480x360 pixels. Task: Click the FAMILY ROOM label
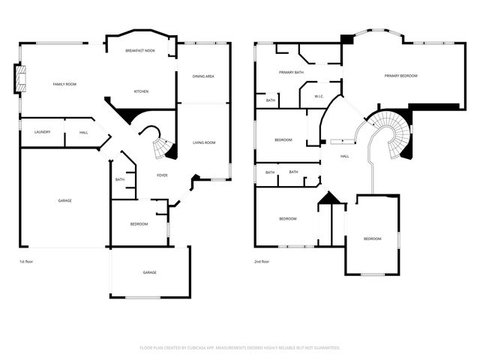coord(64,84)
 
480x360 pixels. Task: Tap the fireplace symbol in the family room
coord(20,79)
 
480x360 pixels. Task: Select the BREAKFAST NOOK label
coord(141,49)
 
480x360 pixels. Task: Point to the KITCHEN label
coord(141,91)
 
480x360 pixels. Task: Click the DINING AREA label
coord(203,76)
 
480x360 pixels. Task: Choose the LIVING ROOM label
coord(204,142)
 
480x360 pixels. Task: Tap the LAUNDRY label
coord(42,132)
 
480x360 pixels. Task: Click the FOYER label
coord(162,175)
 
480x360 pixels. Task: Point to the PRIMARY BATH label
coord(291,73)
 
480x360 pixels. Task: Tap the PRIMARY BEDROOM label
coord(400,76)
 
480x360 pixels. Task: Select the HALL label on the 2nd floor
coord(345,156)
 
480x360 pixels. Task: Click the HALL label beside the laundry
coord(83,132)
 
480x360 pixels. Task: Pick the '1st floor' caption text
coord(27,262)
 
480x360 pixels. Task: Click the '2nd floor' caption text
coord(262,262)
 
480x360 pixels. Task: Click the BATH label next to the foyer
coord(120,179)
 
